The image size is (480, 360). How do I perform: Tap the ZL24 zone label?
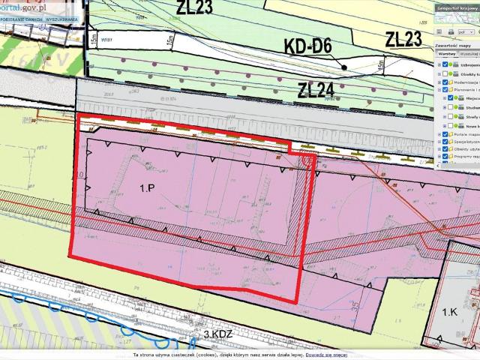(315, 91)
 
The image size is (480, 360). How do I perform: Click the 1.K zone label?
(450, 310)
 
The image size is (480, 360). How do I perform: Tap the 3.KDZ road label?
(219, 334)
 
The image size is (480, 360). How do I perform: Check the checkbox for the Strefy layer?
(449, 116)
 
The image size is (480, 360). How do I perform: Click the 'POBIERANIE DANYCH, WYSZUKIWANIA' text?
(37, 18)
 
